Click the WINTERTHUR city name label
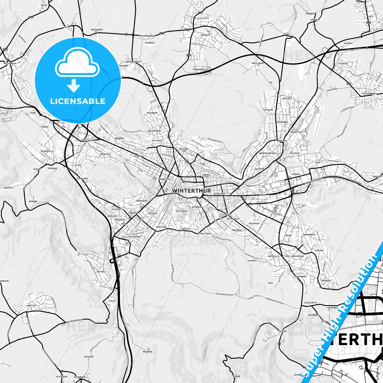click(191, 191)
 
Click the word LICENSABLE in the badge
click(78, 101)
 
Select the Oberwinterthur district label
click(267, 153)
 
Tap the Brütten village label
click(31, 306)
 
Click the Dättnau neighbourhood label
click(101, 272)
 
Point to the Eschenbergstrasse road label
click(224, 294)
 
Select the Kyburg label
click(236, 376)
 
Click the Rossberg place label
click(148, 352)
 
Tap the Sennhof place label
click(283, 331)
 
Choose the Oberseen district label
click(326, 280)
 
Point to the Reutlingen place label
click(258, 63)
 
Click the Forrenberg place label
click(199, 69)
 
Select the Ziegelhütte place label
click(310, 303)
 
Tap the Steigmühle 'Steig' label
click(112, 301)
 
